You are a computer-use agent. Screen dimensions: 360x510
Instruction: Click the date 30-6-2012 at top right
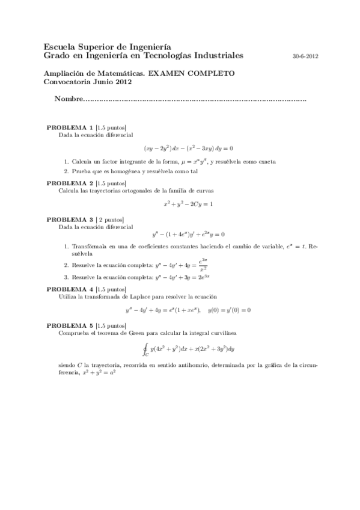pyautogui.click(x=305, y=57)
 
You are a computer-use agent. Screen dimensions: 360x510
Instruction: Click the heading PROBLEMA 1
pyautogui.click(x=70, y=128)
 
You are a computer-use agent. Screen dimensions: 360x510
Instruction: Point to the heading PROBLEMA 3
pyautogui.click(x=70, y=220)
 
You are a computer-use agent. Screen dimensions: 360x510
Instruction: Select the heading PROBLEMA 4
pyautogui.click(x=70, y=289)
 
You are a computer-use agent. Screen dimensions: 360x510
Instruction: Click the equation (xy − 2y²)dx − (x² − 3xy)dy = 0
pyautogui.click(x=188, y=148)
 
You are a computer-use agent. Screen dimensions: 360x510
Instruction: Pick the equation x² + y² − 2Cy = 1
pyautogui.click(x=188, y=204)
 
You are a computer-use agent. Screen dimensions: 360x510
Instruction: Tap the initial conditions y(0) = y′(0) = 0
pyautogui.click(x=228, y=310)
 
